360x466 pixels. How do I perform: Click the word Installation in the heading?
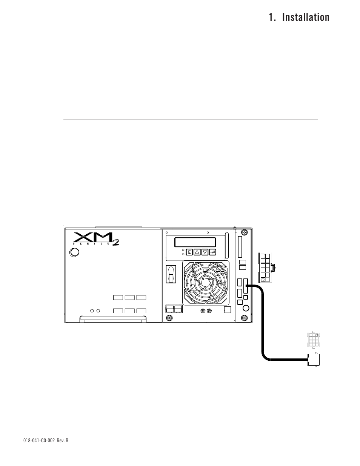[305, 17]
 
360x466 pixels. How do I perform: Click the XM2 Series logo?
[96, 239]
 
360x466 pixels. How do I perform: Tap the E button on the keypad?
[189, 252]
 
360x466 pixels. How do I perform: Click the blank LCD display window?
[195, 242]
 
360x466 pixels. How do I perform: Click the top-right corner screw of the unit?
[245, 232]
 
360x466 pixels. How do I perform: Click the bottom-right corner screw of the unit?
[245, 318]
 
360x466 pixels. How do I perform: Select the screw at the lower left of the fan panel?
[169, 318]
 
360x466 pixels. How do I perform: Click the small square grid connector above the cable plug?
[313, 340]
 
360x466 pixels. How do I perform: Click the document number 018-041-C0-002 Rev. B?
[46, 440]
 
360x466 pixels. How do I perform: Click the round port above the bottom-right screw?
[246, 308]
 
